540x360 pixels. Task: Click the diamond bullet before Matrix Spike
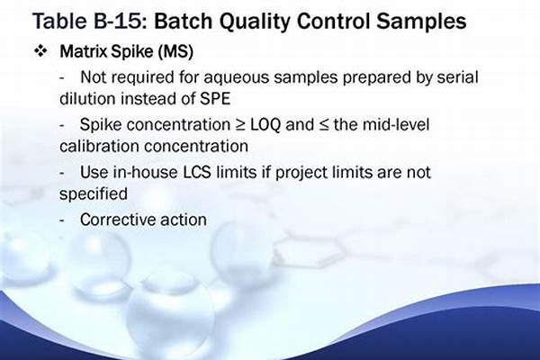[40, 51]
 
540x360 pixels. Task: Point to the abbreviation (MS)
[175, 52]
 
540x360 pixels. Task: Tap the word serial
[458, 76]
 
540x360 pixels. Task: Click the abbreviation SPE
[215, 99]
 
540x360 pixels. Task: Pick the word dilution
[87, 98]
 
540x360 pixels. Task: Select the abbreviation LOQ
[265, 125]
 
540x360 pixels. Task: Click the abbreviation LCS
[196, 172]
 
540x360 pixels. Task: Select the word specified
[94, 194]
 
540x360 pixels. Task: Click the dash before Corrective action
[62, 220]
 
